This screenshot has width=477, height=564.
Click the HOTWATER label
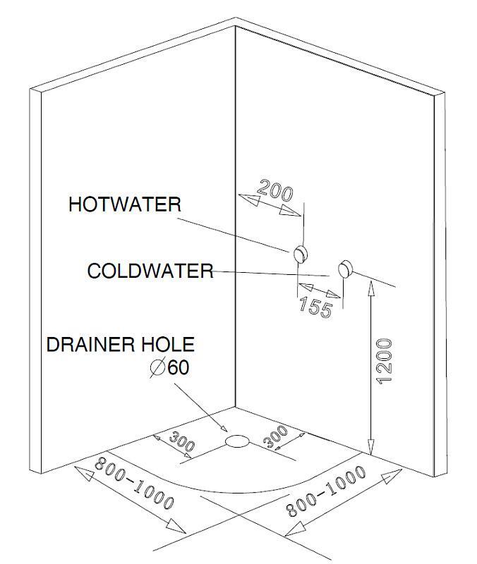point(125,204)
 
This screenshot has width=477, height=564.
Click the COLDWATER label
point(150,271)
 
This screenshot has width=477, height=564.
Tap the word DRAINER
point(91,344)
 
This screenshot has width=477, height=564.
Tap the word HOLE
point(168,344)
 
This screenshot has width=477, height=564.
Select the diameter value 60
point(179,367)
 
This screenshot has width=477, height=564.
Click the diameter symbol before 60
point(157,367)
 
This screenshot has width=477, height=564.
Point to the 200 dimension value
point(275,190)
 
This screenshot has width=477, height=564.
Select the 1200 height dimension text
point(384,361)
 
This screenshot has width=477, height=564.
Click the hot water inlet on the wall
point(300,254)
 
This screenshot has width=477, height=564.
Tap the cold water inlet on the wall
point(345,269)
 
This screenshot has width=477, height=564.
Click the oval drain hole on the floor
point(237,441)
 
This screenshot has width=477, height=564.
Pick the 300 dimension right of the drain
point(276,436)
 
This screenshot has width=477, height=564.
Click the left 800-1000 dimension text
point(134,483)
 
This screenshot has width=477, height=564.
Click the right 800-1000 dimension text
point(325,491)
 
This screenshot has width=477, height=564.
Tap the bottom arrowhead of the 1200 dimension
point(371,446)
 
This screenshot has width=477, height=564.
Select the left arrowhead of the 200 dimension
point(249,200)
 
